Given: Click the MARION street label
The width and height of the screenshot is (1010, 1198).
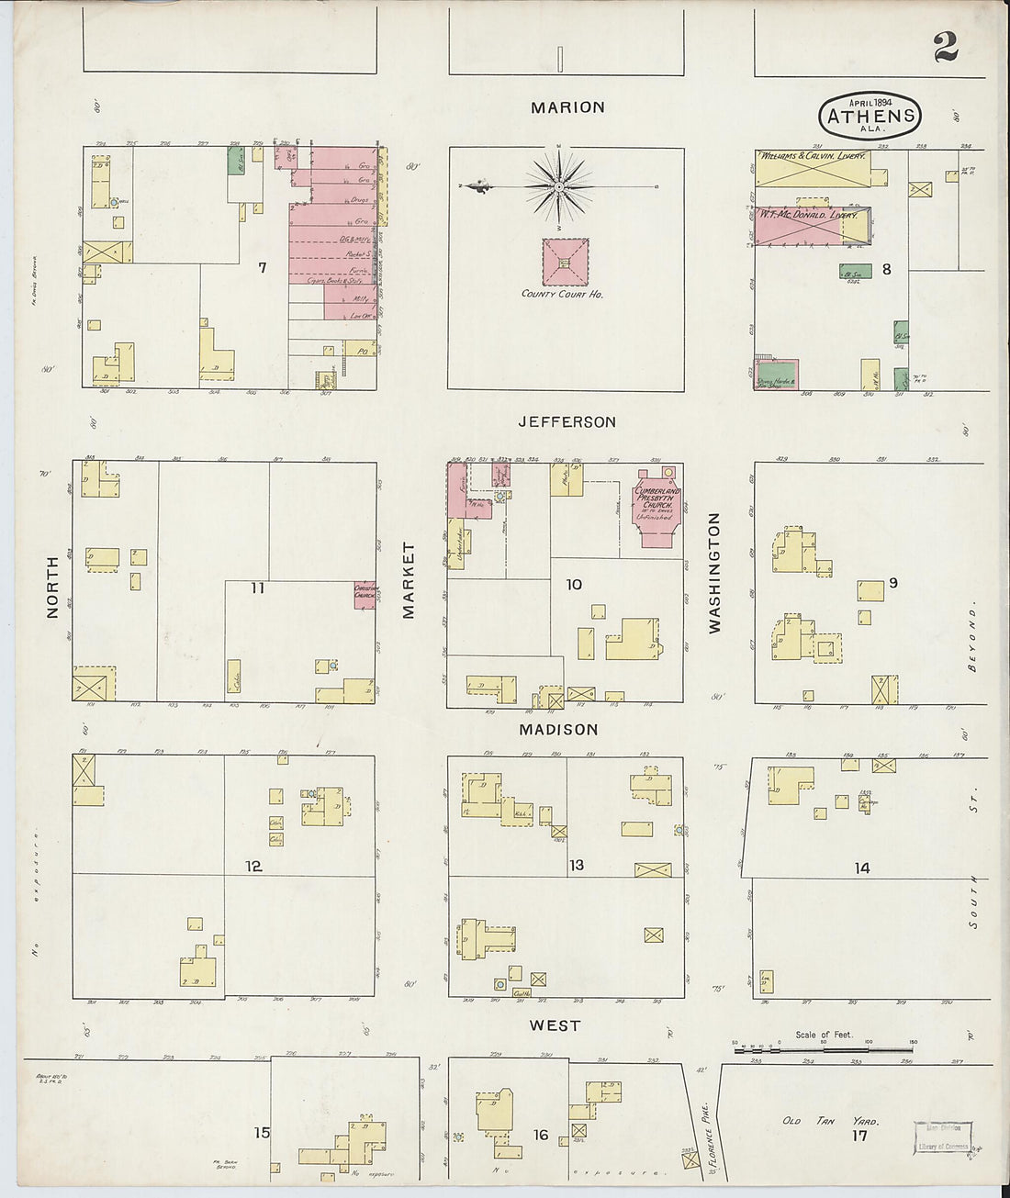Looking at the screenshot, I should pos(567,107).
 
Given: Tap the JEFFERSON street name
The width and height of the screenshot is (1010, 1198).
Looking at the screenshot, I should pos(567,422).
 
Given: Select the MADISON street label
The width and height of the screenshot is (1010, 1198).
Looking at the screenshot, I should pos(558,730).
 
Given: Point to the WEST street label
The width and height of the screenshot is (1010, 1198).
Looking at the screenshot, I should pos(555,1025).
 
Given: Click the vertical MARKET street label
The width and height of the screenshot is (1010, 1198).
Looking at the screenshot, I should pos(409,579).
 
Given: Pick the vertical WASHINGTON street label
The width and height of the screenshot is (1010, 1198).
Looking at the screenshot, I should pos(714,572).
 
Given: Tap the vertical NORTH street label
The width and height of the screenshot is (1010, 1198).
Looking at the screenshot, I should pos(52,586).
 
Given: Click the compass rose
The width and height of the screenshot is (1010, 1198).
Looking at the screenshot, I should pos(558,187).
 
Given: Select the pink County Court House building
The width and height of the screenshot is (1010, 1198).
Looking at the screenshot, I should pos(565,263).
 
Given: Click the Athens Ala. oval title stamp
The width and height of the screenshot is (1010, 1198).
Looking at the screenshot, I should pos(870,116).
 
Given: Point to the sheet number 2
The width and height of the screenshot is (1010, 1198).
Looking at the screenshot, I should pos(946,48).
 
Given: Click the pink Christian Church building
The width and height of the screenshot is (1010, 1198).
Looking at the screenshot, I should pos(365,595).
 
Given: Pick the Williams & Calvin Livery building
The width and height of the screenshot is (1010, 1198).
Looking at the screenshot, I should pos(813,169).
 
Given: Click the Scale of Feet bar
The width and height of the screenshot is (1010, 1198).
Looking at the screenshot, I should pos(826,1047).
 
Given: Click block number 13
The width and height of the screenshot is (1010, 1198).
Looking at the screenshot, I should pos(576,866).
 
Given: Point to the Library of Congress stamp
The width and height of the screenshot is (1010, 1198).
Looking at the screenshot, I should pos(943,1136).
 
